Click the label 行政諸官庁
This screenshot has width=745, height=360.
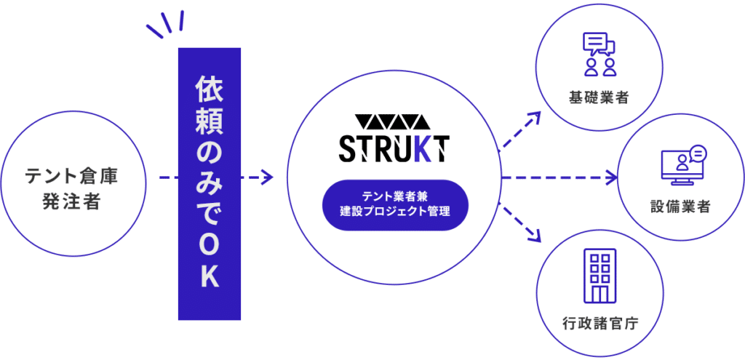click(x=600, y=323)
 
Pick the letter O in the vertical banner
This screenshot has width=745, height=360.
click(x=209, y=247)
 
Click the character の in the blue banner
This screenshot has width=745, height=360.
click(x=209, y=153)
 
